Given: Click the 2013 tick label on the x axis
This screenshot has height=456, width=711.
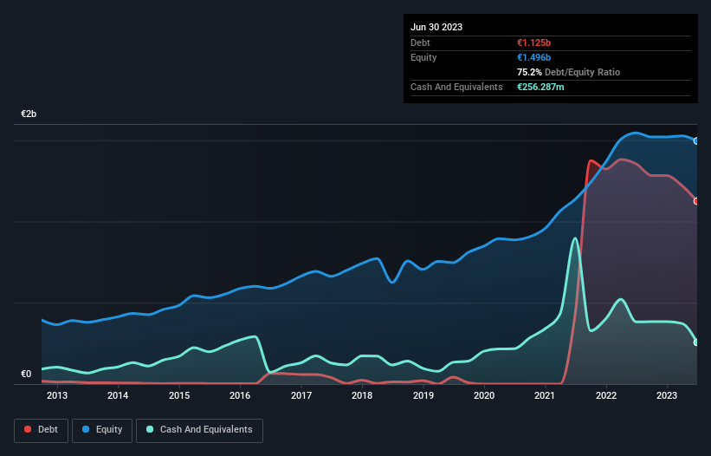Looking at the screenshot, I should (57, 396).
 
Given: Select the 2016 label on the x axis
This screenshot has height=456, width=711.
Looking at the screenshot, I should (240, 396).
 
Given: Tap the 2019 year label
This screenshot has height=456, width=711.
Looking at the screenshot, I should (423, 396).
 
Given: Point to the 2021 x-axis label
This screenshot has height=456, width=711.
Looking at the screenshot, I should (545, 396).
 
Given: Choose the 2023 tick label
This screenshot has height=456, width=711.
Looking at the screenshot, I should (667, 396).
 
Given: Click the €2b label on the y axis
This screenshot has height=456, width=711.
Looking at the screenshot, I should (29, 114).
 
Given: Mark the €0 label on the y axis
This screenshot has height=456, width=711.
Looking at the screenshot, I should (26, 375).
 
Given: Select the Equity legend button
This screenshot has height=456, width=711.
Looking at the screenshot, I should (102, 429).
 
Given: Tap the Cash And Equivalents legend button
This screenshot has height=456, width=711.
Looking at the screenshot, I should (199, 429).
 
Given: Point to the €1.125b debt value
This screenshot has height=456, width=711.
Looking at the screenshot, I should (535, 42).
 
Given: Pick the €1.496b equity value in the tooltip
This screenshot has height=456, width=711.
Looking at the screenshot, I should (535, 57).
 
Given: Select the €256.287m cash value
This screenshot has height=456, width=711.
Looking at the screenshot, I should (546, 87).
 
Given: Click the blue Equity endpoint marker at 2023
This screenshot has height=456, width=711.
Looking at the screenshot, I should (696, 140).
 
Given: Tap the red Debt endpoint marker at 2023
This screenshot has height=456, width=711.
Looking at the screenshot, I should (696, 201).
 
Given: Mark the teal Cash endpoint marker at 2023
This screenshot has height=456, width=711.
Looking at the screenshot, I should (696, 342).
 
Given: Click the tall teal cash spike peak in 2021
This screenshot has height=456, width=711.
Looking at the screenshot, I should (574, 238).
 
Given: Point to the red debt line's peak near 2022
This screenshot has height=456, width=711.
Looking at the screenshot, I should (591, 160).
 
